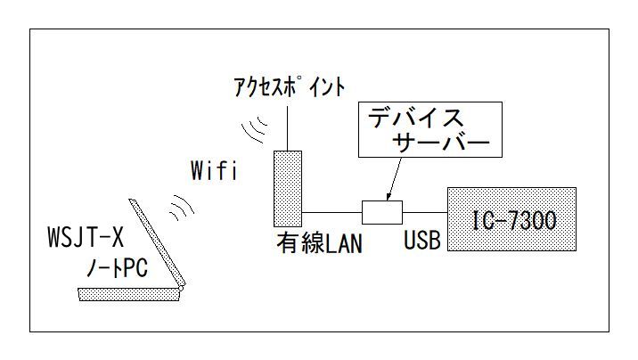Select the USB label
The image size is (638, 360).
pyautogui.click(x=422, y=242)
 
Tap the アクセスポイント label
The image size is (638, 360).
pyautogui.click(x=289, y=88)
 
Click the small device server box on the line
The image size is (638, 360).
pyautogui.click(x=382, y=212)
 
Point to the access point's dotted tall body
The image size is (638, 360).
pyautogui.click(x=288, y=188)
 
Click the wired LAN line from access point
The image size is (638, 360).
pyautogui.click(x=331, y=212)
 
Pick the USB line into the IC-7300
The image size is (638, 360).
pyautogui.click(x=425, y=212)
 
